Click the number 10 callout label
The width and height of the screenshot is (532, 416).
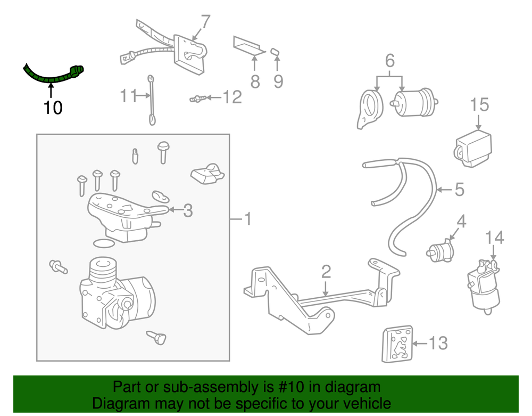pos(53,108)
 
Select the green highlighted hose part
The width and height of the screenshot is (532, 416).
pos(53,77)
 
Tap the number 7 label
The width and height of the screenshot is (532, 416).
pos(205,22)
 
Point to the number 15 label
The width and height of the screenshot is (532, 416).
pos(479,104)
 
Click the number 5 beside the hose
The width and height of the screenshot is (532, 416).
pos(459,189)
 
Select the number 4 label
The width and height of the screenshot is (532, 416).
pos(461,221)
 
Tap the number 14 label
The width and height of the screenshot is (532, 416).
pos(494,237)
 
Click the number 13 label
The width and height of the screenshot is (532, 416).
pos(438,344)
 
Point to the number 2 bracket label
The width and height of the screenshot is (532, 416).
pos(326,272)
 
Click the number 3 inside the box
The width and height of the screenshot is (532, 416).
pos(187,210)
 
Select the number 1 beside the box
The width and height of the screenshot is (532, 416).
pos(247,219)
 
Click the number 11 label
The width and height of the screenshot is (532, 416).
pos(128,96)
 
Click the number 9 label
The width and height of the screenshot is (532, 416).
pos(278,81)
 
